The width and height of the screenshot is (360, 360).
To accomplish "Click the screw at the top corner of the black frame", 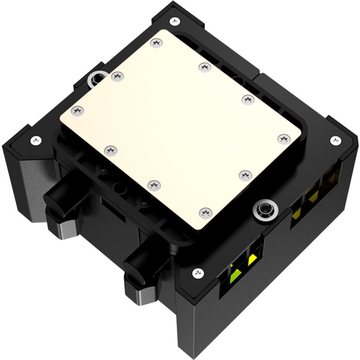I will click(174, 20).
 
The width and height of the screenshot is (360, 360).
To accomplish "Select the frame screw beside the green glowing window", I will click(197, 272).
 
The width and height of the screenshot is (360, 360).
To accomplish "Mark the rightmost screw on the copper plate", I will click(283, 139).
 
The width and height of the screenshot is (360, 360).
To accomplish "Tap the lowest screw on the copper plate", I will click(205, 211).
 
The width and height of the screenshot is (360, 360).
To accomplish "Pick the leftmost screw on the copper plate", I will click(77, 110).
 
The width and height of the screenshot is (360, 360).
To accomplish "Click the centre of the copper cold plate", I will click(180, 126).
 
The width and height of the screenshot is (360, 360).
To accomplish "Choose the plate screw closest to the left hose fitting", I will click(110, 149).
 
